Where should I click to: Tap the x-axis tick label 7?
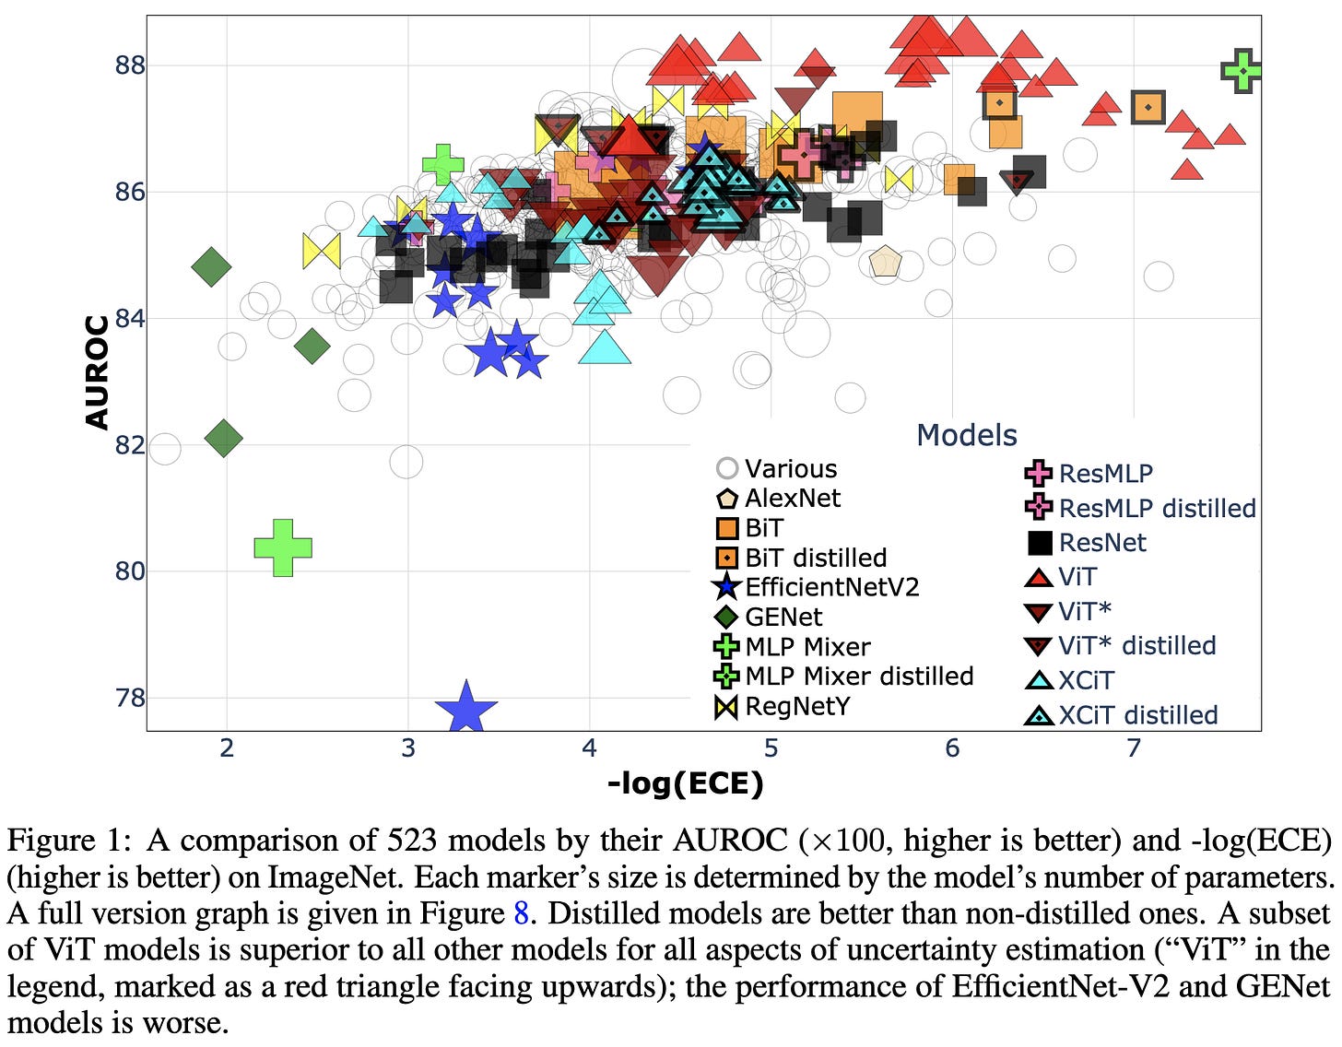[1134, 747]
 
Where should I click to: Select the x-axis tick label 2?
[227, 747]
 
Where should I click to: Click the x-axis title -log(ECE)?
[685, 783]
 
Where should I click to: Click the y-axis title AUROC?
[97, 372]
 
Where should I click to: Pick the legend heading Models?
[966, 435]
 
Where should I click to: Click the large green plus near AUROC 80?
[283, 547]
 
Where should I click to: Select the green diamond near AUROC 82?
[224, 438]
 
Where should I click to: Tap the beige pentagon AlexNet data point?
[885, 263]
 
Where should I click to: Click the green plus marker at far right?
[1242, 70]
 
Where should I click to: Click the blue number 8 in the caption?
[521, 913]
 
